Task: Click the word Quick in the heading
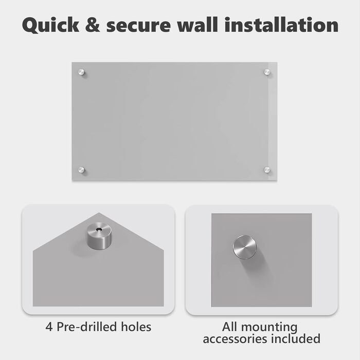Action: click(x=50, y=25)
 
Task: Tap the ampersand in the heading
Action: click(x=93, y=25)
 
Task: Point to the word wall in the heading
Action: click(x=197, y=24)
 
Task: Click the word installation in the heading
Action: click(x=281, y=24)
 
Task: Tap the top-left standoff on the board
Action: click(x=81, y=72)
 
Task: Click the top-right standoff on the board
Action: click(x=267, y=72)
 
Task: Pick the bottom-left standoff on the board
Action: click(x=81, y=170)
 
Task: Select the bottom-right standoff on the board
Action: click(x=267, y=170)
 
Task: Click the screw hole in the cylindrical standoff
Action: click(x=99, y=229)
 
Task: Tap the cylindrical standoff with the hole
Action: click(x=99, y=236)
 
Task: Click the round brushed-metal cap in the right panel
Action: click(x=244, y=247)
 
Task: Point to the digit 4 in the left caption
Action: click(x=49, y=327)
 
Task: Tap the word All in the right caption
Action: click(x=230, y=327)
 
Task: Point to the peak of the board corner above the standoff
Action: click(x=99, y=213)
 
